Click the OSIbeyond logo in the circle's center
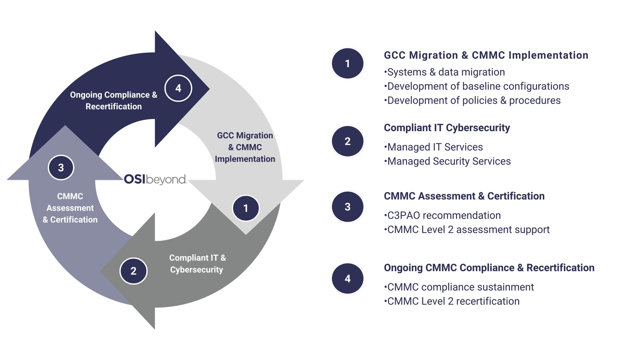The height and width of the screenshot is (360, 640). coord(155,179)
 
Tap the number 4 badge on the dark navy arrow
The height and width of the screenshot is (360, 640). coord(178,88)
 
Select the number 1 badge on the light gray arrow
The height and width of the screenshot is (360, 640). coord(245,208)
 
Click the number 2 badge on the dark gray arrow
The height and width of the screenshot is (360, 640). coord(133,271)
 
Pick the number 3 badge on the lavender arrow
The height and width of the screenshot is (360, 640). coord(61,167)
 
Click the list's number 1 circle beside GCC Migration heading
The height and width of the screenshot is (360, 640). coord(348,63)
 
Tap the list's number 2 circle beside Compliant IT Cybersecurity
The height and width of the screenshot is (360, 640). coord(348,141)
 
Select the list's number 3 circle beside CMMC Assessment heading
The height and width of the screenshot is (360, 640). coord(348,207)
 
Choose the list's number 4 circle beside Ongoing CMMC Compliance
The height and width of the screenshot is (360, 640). coord(348,278)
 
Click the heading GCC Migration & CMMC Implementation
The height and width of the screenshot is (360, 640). coord(486,55)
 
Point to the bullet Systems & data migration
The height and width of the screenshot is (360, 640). coord(445,72)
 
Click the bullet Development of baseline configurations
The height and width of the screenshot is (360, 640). coord(477,86)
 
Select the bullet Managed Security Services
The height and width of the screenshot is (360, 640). coord(448,161)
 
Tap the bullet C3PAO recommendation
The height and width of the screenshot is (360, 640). coord(443,215)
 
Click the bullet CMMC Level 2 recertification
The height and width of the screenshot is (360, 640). coord(452,301)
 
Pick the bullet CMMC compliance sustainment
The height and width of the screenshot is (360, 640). coord(459,287)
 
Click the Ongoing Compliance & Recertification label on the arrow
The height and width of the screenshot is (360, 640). coord(114,100)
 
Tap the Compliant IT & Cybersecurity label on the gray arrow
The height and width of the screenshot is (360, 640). coord(197,264)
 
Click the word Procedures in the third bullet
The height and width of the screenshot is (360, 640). coord(535,100)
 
